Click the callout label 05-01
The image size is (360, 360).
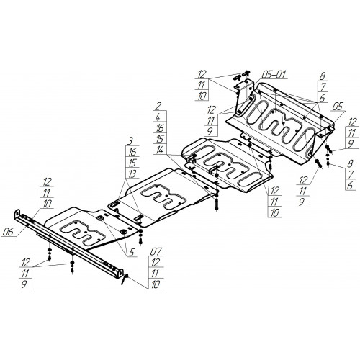pos(274,75)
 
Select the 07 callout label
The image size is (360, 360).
pos(156,251)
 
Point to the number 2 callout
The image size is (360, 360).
pos(159,107)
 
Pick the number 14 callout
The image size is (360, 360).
pos(159,150)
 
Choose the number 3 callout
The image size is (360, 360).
pos(130,141)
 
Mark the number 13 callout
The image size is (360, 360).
pos(131,174)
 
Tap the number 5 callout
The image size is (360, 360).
pos(132,252)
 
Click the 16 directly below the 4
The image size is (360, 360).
pos(160,128)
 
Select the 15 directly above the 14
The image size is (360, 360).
pos(159,139)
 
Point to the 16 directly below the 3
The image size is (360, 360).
pos(132,152)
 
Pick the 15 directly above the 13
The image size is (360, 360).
pos(131,163)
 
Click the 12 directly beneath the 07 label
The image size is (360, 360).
pos(155,263)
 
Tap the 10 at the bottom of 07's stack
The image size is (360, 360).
pos(155,284)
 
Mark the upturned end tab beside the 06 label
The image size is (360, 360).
pos(17,213)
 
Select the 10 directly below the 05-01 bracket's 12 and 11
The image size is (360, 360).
pos(202,96)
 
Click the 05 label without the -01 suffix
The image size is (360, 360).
pos(338,107)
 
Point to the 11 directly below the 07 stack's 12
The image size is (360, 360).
pos(155,274)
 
